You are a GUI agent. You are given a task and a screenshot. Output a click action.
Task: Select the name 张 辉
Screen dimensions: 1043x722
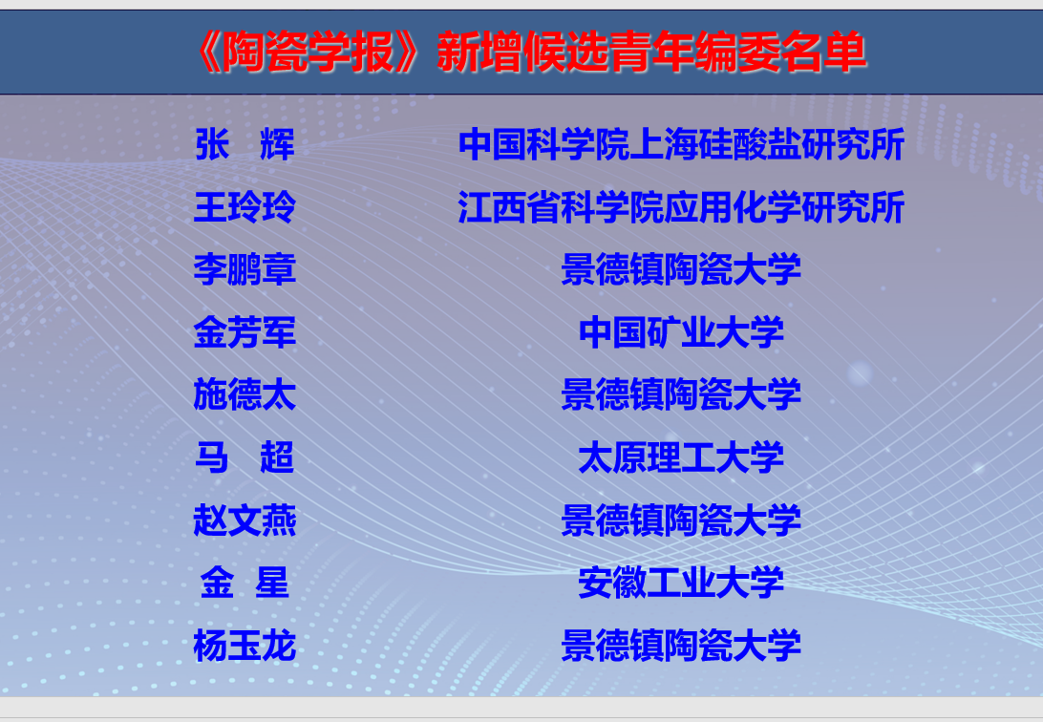click(x=245, y=144)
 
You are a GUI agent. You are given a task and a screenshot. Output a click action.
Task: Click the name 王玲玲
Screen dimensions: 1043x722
click(x=245, y=206)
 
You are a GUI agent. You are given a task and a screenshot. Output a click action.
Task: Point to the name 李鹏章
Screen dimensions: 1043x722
click(x=245, y=269)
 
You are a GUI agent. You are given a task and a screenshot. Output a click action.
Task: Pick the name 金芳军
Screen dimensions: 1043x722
click(x=245, y=331)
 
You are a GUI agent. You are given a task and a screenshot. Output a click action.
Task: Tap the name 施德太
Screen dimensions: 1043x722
click(x=245, y=394)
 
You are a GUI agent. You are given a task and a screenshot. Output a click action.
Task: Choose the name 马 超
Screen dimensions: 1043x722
click(x=245, y=457)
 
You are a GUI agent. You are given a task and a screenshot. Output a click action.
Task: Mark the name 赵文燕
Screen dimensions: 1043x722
click(x=245, y=520)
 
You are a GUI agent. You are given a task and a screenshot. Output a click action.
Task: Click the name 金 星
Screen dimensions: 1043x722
click(x=245, y=583)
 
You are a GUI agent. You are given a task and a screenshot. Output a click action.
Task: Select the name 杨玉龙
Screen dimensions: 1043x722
click(x=245, y=646)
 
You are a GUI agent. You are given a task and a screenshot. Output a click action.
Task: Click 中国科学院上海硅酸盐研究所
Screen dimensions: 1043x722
click(x=681, y=144)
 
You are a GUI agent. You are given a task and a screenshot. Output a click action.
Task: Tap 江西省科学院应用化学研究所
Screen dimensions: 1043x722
click(x=681, y=206)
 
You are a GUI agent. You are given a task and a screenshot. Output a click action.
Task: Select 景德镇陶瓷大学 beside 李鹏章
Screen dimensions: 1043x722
click(x=681, y=269)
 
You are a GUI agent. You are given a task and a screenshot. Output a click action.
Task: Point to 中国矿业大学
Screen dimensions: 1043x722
click(x=681, y=331)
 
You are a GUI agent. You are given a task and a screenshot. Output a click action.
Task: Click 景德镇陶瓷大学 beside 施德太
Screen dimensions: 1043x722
click(x=681, y=394)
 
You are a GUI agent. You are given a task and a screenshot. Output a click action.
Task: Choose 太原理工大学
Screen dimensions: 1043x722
click(x=681, y=457)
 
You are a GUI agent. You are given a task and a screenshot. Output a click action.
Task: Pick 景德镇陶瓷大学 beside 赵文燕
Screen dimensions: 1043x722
click(x=681, y=520)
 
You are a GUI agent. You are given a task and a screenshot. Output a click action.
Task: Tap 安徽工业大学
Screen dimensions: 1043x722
click(x=681, y=583)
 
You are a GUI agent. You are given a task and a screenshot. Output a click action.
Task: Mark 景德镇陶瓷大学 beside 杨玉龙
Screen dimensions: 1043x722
click(x=681, y=646)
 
